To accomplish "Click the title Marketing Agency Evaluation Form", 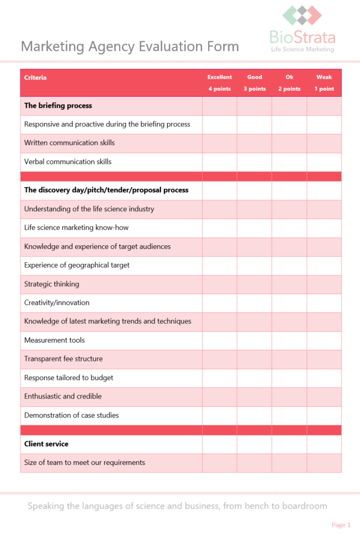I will click(x=130, y=47).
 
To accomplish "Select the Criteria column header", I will click(x=36, y=77).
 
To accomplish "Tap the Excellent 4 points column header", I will click(x=220, y=83).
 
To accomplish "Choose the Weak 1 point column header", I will click(x=324, y=83).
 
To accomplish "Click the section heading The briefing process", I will click(x=58, y=105).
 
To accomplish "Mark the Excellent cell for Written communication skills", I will click(x=220, y=143).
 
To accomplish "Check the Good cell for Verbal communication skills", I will click(x=254, y=162).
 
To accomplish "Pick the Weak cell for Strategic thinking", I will click(x=324, y=284).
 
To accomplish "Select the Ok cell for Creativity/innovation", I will click(x=289, y=303).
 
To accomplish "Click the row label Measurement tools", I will click(x=54, y=340).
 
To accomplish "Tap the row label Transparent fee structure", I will click(x=64, y=359).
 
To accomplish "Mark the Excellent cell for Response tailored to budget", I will click(x=220, y=378).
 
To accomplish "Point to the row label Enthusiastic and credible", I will click(x=63, y=397).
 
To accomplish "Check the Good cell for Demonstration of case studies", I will click(x=254, y=415).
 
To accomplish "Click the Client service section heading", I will click(x=46, y=444).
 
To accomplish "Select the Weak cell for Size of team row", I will click(x=324, y=463).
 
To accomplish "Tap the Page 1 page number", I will click(x=341, y=525).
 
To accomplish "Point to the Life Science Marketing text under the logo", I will click(x=303, y=49).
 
